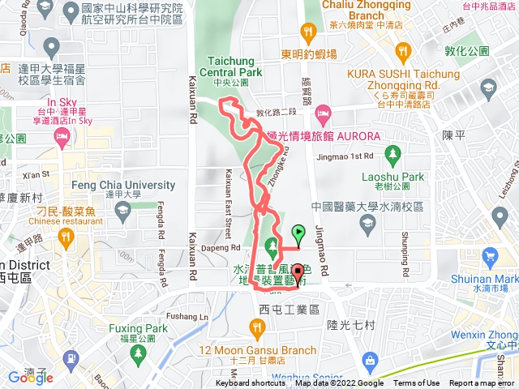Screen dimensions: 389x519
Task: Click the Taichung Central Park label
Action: [236, 66]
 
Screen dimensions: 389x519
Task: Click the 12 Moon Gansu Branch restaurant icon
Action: [258, 327]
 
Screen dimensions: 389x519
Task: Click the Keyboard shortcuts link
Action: [250, 383]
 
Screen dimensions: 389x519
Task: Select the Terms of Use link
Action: [417, 383]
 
